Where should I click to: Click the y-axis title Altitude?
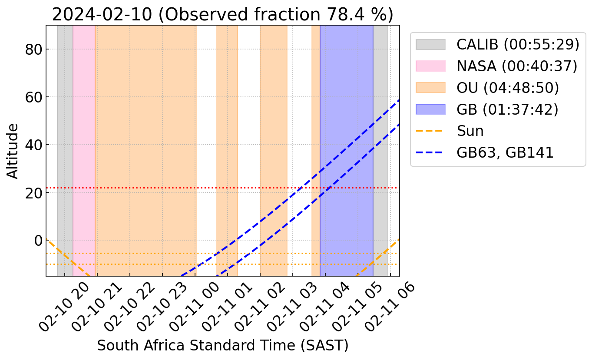(x=13, y=151)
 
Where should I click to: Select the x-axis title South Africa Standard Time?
(x=222, y=346)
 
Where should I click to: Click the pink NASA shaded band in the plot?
(x=84, y=130)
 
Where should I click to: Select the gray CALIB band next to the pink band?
(x=65, y=130)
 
